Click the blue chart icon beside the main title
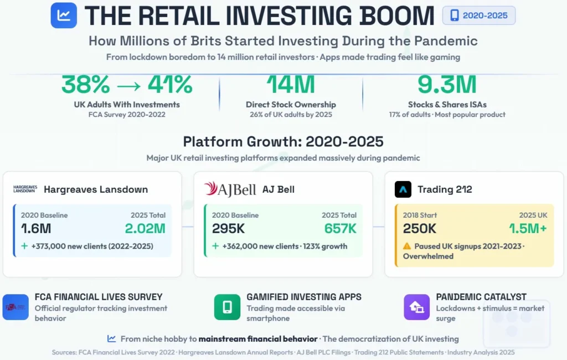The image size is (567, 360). point(64,15)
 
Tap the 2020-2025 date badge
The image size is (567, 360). point(479,16)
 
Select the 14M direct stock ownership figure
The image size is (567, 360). point(291,85)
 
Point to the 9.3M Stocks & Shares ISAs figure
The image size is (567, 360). point(447,85)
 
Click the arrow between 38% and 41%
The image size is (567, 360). point(128,86)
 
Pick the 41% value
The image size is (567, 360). point(170,85)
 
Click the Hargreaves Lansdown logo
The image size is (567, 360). point(25,189)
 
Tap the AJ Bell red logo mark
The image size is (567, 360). point(210,188)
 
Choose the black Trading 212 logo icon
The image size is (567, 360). point(403,189)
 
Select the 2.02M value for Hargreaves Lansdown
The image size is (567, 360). point(145,228)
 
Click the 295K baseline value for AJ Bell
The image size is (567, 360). point(228,228)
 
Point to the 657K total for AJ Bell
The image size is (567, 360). point(341,228)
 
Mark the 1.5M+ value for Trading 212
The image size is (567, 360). point(528,228)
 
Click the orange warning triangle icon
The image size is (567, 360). point(407,246)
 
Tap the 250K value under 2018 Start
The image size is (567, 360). point(420,228)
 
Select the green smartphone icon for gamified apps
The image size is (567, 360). point(227,307)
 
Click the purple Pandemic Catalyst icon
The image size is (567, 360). point(416,307)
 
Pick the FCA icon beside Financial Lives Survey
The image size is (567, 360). point(16,307)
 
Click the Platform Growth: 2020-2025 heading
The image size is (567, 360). point(283,141)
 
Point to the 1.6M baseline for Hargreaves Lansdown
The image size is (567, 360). point(36,228)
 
